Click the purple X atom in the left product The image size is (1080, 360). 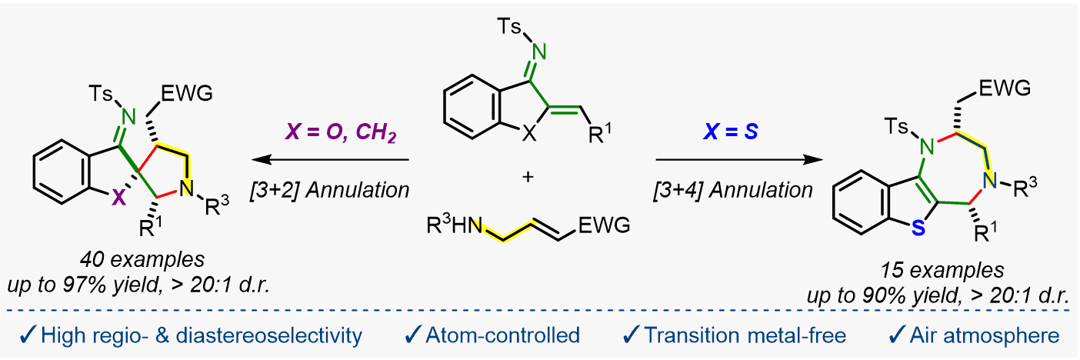click(x=118, y=198)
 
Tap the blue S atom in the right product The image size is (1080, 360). click(x=918, y=228)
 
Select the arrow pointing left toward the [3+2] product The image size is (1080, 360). click(x=331, y=159)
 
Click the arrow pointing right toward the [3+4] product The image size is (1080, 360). click(x=739, y=159)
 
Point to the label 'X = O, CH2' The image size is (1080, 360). click(x=341, y=132)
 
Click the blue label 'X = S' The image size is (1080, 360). click(x=731, y=132)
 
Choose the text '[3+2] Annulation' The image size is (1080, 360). click(x=330, y=190)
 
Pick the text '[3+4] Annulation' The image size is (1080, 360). click(x=733, y=190)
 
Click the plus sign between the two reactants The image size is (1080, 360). click(x=528, y=177)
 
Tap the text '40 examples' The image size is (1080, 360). click(x=142, y=259)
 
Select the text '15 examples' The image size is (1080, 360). click(x=942, y=270)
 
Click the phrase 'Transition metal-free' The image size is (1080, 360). click(x=745, y=335)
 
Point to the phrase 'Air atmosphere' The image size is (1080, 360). click(x=985, y=335)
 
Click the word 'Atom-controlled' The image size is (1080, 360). click(x=502, y=335)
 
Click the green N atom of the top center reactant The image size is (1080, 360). click(x=539, y=52)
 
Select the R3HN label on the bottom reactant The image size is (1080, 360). click(x=454, y=225)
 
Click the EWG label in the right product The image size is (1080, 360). click(x=1005, y=88)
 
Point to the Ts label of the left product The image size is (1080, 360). click(x=101, y=93)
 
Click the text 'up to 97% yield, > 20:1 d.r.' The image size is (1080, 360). click(x=139, y=285)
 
